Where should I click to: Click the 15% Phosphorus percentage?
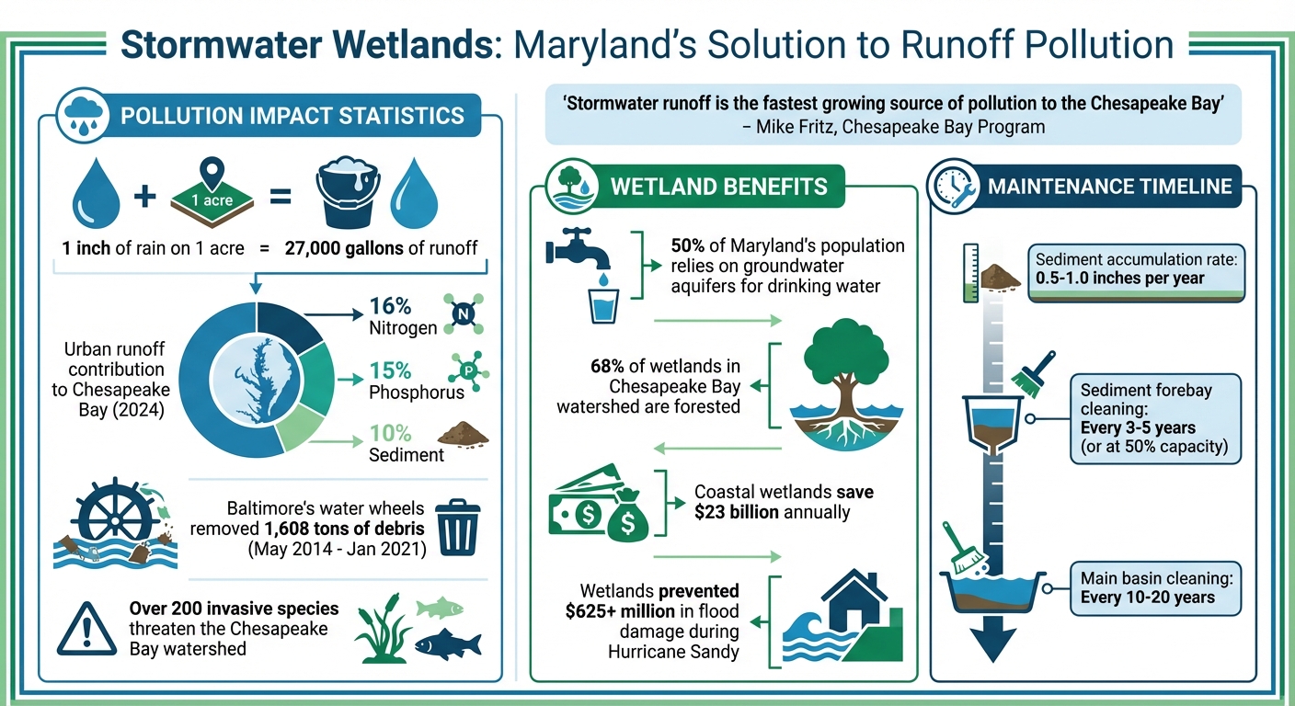tap(390, 370)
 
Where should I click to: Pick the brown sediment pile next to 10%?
tap(464, 434)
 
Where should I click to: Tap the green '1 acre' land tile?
tap(212, 197)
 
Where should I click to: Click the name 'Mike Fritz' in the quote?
tap(795, 127)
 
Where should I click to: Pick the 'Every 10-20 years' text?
tap(1148, 598)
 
